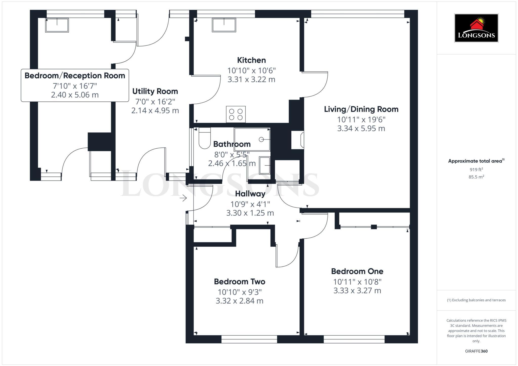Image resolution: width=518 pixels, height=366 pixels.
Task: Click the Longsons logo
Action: coord(476,28)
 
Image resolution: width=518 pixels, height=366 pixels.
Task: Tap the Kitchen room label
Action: coord(251,60)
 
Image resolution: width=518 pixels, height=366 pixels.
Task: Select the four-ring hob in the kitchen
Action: coord(236,114)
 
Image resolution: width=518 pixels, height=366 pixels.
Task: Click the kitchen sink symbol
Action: coord(224,25)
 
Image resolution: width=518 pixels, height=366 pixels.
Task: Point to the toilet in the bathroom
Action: coord(205,139)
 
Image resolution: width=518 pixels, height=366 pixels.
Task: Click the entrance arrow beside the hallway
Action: coord(183,198)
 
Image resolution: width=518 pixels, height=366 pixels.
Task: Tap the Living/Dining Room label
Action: coord(361,109)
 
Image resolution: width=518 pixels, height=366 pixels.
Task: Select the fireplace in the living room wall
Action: coord(298,140)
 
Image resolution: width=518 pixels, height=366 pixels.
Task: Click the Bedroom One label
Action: coord(357,271)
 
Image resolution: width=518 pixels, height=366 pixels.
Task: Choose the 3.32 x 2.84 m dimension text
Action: coord(240,301)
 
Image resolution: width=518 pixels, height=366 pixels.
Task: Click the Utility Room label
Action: coord(155,91)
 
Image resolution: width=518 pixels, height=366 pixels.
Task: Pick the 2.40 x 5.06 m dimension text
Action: coord(75,95)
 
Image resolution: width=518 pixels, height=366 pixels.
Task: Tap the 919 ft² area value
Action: coord(476,169)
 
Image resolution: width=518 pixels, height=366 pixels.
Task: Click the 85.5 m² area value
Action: coord(476,177)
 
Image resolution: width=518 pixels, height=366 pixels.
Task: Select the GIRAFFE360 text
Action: coord(476,351)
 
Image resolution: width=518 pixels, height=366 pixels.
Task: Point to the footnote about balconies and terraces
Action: coord(476,300)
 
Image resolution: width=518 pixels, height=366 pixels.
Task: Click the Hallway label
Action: coord(250,194)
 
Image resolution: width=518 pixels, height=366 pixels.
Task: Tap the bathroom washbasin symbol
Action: coord(265,166)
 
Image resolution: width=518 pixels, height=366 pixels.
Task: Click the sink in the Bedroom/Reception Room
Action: coord(57,25)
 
